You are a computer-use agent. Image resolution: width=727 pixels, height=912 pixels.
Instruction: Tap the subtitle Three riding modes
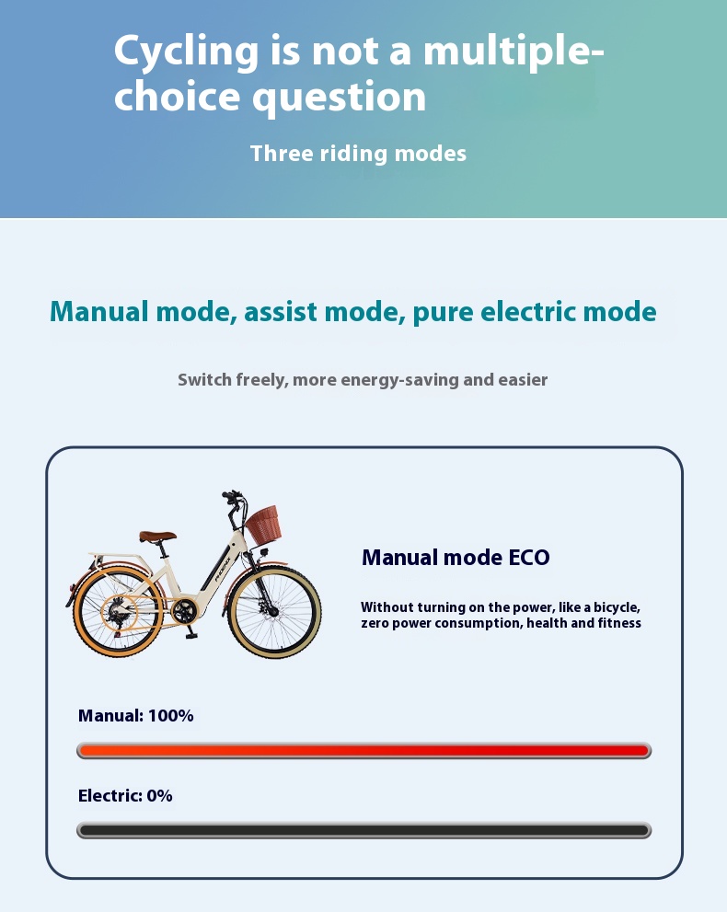pos(358,154)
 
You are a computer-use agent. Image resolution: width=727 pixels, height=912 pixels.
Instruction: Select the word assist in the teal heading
pos(281,312)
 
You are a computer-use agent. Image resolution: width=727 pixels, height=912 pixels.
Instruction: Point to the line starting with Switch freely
pos(363,380)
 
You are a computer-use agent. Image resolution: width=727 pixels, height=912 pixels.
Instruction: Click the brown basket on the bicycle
pos(263,524)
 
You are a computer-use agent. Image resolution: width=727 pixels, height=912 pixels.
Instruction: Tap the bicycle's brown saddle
pos(157,536)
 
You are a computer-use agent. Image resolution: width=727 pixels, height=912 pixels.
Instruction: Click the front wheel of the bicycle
pos(274,612)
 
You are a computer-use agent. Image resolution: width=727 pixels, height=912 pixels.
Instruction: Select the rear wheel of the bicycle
pos(119,612)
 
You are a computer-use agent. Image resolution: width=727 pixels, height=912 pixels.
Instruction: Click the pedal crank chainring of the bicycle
pos(184,611)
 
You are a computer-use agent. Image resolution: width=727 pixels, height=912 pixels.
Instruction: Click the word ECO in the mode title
pos(528,557)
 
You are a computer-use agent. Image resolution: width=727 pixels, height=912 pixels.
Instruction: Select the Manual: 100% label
pos(136,715)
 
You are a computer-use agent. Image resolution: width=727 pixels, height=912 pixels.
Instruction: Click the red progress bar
pos(364,751)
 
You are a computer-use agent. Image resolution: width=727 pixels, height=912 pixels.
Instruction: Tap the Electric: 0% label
pos(125,796)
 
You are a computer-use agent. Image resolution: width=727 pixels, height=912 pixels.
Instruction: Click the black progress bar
pos(364,831)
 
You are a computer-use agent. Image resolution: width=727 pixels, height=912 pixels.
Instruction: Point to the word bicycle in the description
pos(617,607)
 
